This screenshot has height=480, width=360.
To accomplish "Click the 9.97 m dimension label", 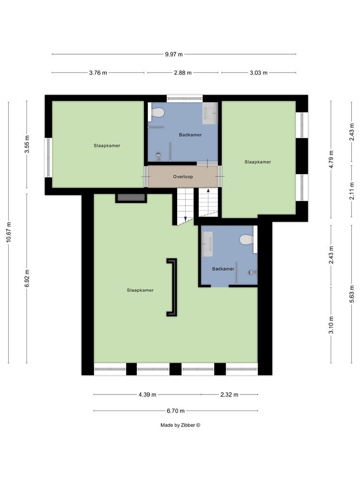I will (x=174, y=54).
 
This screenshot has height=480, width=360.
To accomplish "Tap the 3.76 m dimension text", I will (x=98, y=73).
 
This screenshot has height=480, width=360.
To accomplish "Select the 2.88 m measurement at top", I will (x=183, y=73).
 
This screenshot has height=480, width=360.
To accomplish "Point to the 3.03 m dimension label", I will (x=258, y=73).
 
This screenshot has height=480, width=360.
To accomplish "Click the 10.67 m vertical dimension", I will (x=9, y=233).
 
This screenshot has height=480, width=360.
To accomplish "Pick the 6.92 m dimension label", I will (x=27, y=278).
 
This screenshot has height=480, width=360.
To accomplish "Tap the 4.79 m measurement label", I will (x=331, y=158).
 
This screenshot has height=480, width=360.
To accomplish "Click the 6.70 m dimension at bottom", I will (x=176, y=411).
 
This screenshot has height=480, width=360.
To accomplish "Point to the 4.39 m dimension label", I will (x=147, y=395).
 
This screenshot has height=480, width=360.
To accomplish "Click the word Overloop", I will (x=183, y=177).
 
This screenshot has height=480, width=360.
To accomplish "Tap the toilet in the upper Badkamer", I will (x=157, y=113).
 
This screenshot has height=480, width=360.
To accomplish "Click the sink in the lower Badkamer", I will (x=207, y=244).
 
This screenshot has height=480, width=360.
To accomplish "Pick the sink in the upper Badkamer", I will (x=210, y=113).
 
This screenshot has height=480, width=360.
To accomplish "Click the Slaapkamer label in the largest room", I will (x=140, y=290).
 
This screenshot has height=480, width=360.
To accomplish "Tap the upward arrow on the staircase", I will (x=208, y=191).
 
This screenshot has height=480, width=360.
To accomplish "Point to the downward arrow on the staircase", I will (x=185, y=219).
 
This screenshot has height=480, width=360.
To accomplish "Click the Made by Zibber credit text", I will (x=180, y=425).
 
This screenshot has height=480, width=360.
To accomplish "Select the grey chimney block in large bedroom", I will (x=131, y=197).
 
